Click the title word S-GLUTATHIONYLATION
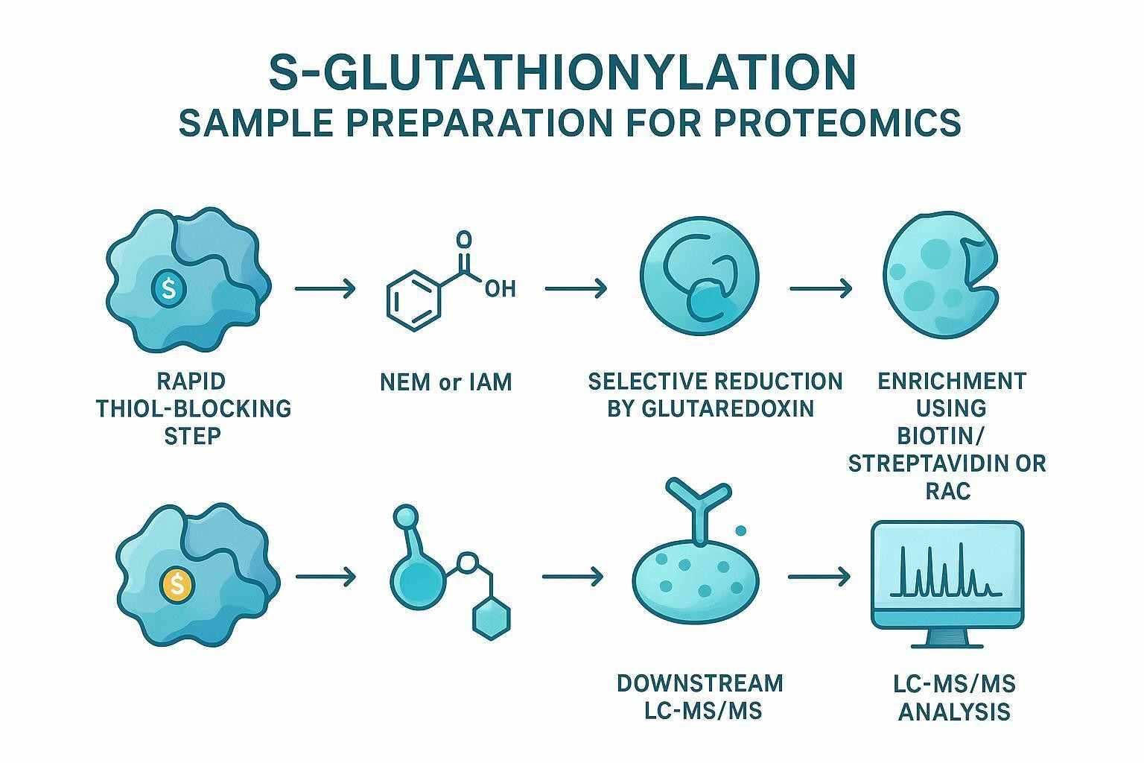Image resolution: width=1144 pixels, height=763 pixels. click(562, 72)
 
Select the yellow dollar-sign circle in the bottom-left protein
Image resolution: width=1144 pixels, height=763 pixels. click(177, 583)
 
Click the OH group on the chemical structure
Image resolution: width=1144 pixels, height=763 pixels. click(500, 288)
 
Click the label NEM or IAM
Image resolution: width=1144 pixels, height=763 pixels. click(445, 382)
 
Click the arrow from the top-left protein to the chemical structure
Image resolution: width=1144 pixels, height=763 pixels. click(325, 288)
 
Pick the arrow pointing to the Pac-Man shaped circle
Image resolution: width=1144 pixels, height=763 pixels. click(821, 288)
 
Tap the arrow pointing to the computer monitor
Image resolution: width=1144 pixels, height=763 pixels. click(819, 576)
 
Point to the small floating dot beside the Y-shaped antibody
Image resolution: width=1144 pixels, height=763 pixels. click(740, 531)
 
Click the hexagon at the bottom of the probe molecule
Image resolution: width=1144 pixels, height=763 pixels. click(493, 618)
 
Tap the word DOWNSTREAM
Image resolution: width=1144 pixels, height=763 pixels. click(699, 683)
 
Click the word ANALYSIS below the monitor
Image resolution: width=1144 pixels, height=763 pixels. click(954, 712)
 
